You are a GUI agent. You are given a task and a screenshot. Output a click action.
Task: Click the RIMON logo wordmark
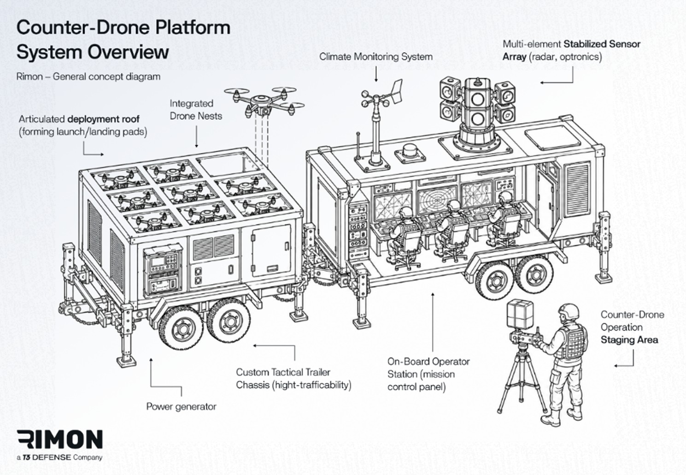click(60, 439)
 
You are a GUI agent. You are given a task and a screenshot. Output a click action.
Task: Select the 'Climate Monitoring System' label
click(376, 57)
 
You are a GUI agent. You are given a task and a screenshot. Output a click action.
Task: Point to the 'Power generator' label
click(182, 407)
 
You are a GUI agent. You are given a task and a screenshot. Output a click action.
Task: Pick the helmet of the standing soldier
click(569, 312)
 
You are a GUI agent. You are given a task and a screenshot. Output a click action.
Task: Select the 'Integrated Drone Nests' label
click(196, 110)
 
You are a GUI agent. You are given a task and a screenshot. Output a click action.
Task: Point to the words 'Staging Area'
click(629, 340)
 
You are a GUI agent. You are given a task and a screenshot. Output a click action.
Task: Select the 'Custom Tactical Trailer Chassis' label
click(293, 379)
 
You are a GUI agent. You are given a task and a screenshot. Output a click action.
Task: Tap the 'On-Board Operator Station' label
click(428, 374)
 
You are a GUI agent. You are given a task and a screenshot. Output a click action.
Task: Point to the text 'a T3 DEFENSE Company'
click(59, 458)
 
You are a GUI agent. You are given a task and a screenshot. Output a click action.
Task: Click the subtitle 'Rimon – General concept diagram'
click(88, 77)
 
